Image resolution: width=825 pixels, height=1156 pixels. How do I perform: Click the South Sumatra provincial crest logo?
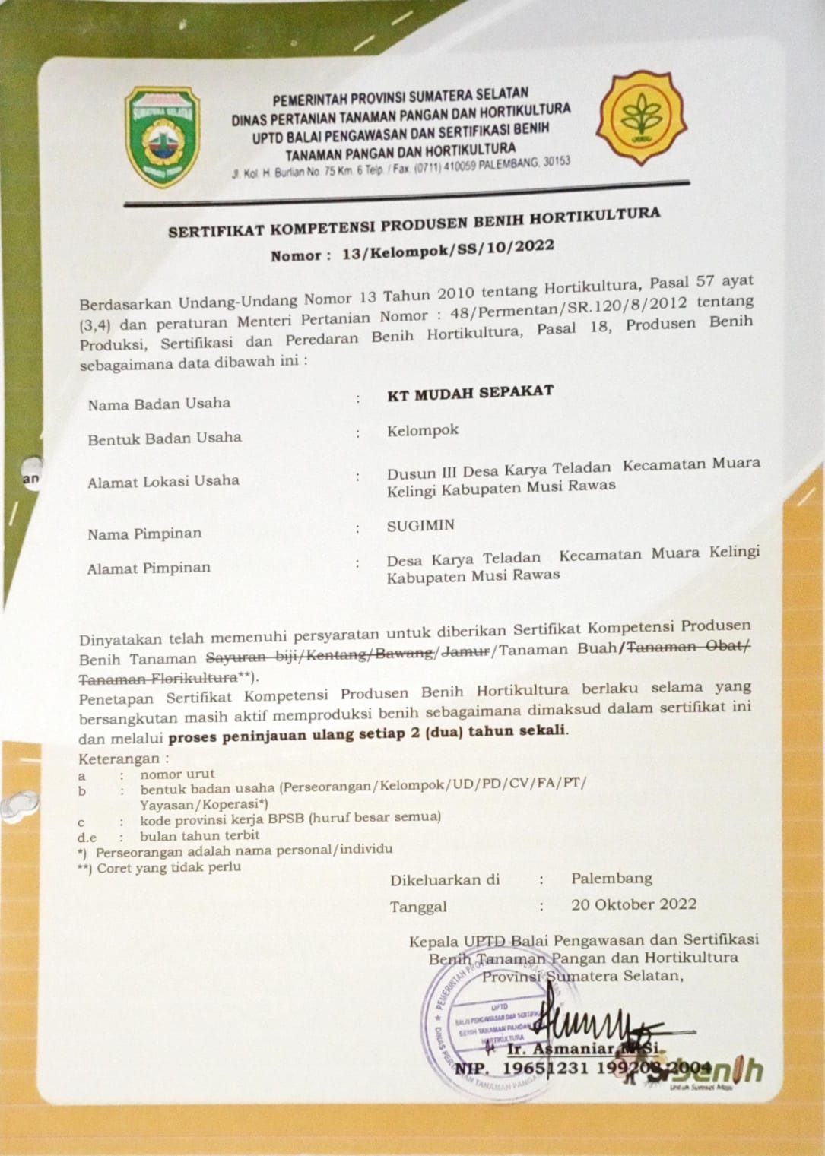162,137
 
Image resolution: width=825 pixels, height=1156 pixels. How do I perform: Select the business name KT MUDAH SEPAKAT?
470,393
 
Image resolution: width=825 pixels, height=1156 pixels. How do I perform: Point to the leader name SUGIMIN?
420,525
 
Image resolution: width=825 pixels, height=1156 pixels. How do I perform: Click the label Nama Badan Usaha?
159,404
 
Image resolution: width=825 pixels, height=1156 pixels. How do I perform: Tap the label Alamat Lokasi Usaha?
163,481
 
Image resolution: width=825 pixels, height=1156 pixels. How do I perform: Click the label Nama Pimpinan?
144,534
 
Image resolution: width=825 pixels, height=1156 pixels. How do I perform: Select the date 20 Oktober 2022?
633,904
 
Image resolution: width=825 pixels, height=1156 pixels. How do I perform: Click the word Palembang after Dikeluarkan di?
611,878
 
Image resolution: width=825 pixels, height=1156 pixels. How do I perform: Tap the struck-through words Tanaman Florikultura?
158,677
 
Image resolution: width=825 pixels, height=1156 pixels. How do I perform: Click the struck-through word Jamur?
465,651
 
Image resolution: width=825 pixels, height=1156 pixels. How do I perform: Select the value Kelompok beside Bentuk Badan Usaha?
423,430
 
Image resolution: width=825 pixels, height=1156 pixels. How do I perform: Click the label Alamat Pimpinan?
149,568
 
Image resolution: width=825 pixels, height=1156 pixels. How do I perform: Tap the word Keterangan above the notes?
119,759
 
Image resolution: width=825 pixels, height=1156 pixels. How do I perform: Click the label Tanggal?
418,907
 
